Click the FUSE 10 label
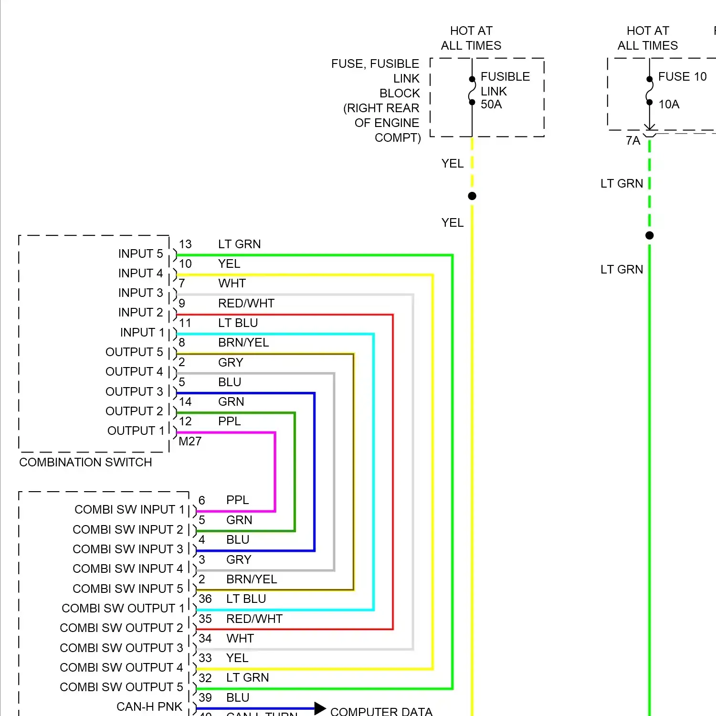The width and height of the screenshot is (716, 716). click(682, 77)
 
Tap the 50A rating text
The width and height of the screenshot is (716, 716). click(491, 105)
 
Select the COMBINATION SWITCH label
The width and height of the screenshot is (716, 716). click(85, 462)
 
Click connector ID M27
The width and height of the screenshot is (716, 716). click(190, 442)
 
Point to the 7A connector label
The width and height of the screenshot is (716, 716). click(633, 141)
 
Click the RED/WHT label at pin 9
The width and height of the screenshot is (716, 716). click(246, 304)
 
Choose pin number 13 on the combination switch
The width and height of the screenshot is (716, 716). click(185, 244)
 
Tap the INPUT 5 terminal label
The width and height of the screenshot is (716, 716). click(140, 254)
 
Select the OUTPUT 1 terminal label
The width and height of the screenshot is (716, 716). click(136, 431)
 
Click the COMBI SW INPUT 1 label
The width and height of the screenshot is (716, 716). click(129, 510)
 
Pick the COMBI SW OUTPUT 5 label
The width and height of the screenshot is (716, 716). click(121, 687)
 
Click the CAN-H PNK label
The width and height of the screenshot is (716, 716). click(149, 707)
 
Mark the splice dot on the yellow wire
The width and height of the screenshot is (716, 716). click(472, 196)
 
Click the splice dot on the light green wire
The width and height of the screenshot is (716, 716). click(649, 235)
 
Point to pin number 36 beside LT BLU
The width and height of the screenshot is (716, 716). click(205, 599)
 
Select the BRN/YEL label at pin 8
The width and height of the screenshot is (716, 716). click(243, 343)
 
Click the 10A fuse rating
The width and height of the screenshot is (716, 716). click(669, 105)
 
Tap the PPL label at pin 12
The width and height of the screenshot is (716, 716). click(229, 421)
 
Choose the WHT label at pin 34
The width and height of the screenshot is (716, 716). click(240, 639)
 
